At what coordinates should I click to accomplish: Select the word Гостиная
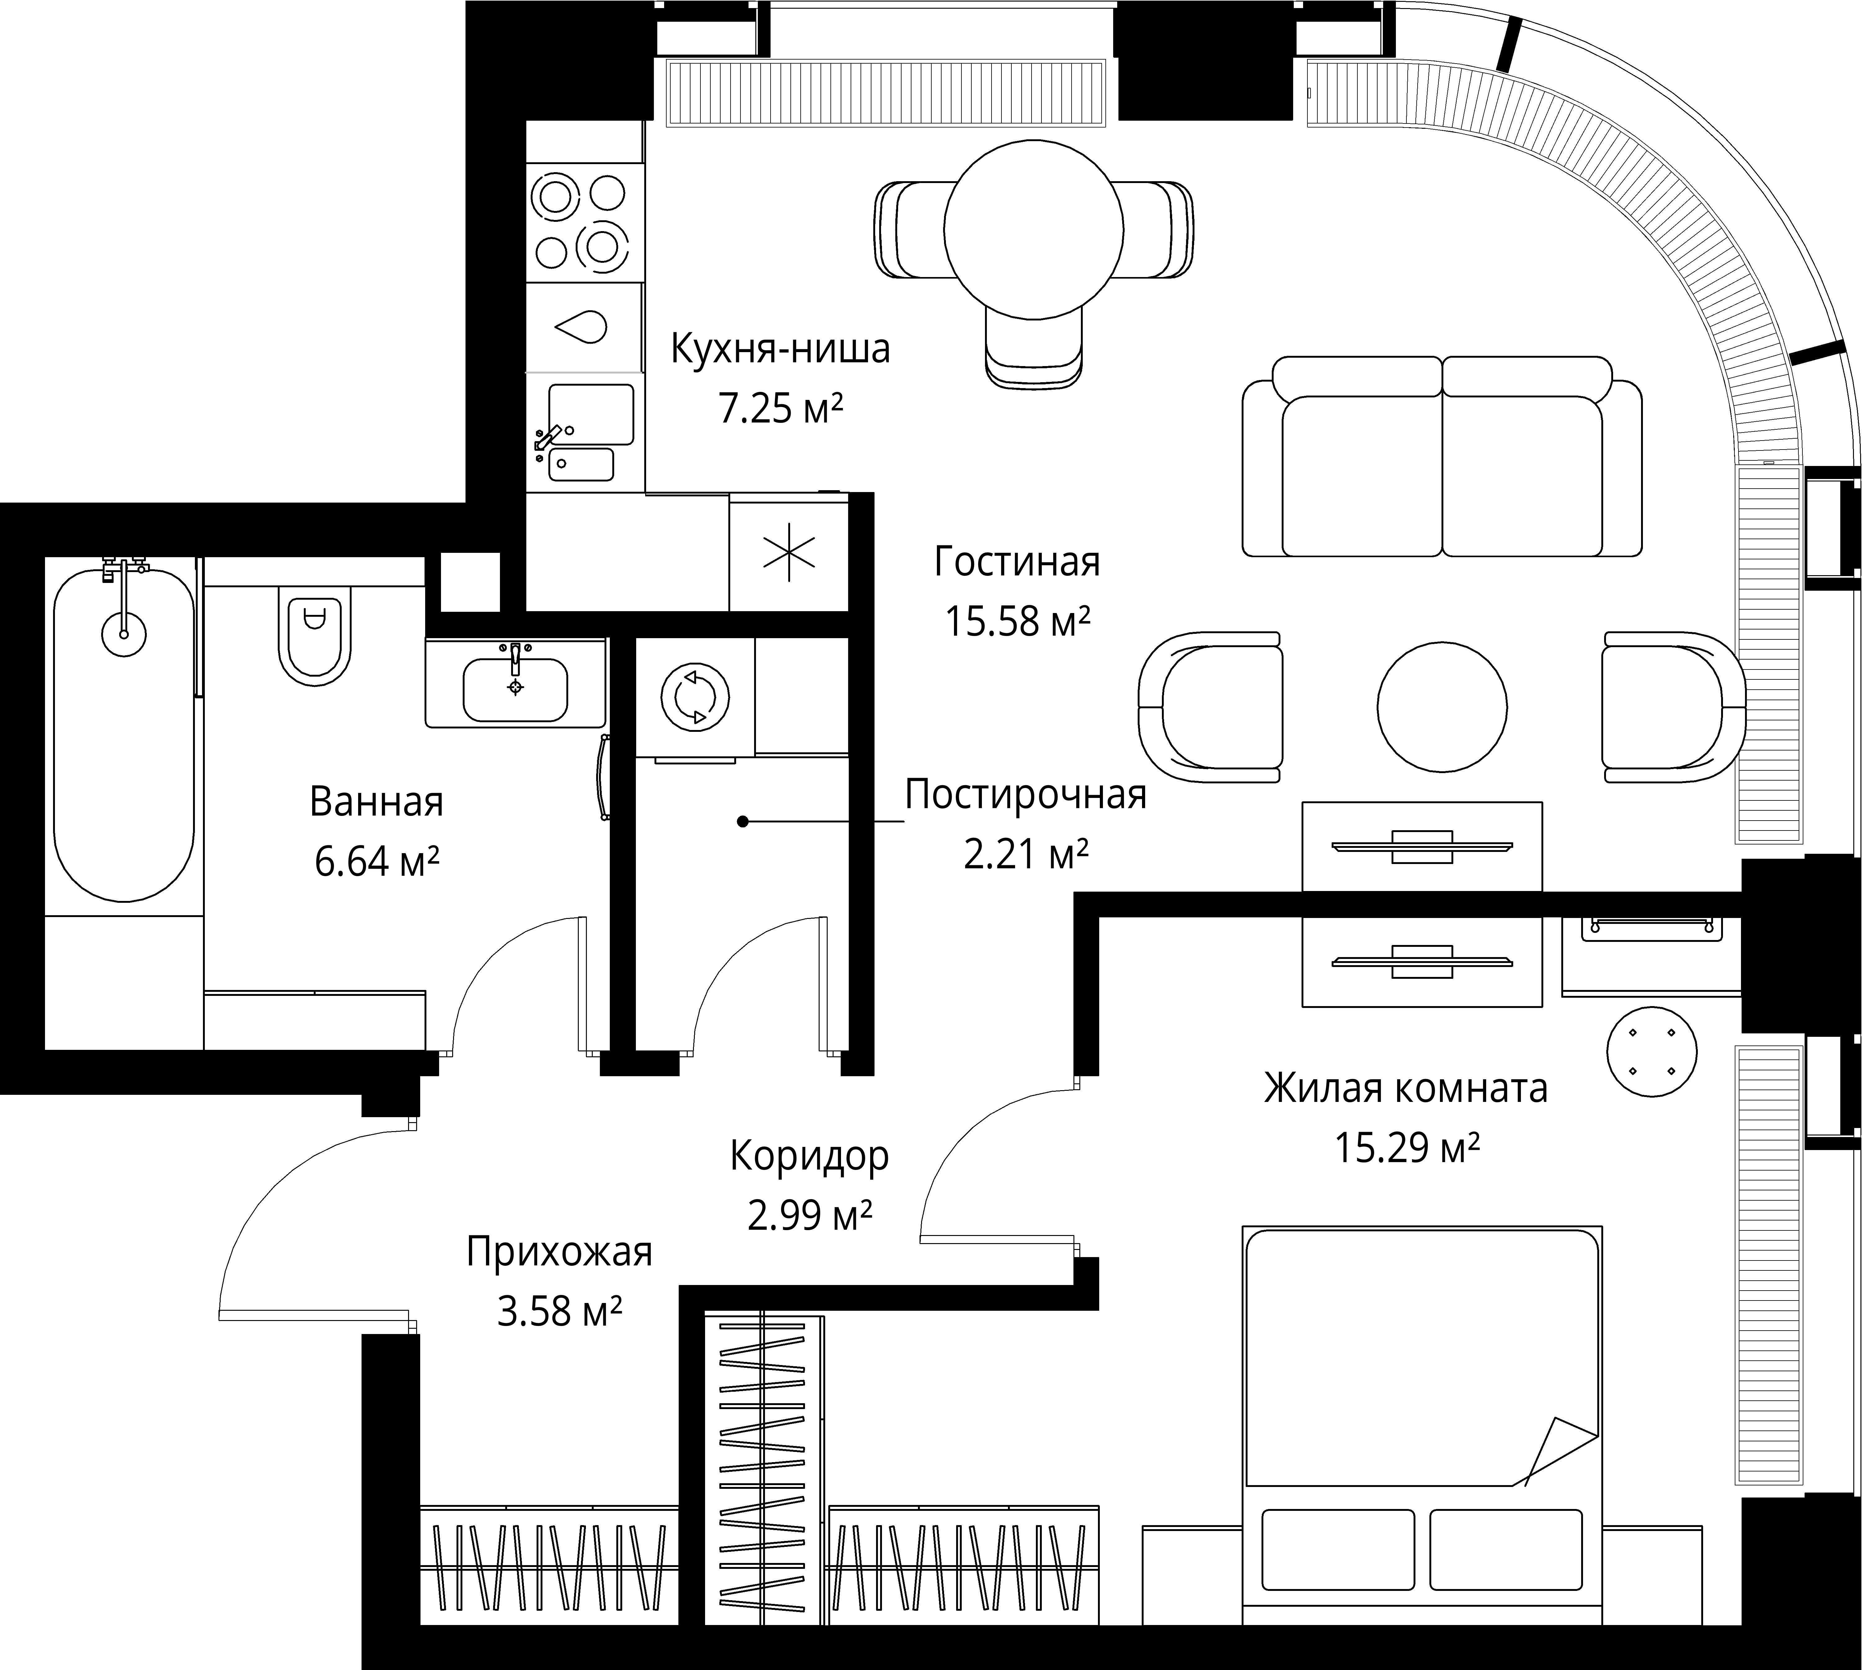1017,562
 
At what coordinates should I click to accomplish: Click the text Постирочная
1025,795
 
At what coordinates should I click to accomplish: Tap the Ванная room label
376,802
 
